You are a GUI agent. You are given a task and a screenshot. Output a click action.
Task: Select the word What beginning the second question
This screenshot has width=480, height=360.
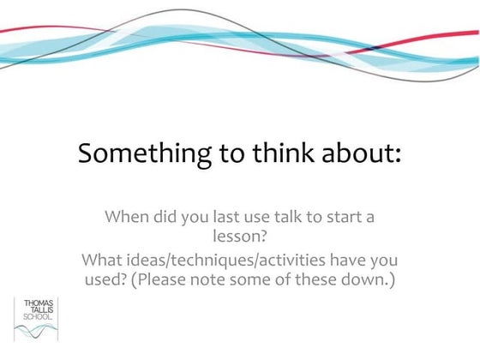point(103,259)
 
